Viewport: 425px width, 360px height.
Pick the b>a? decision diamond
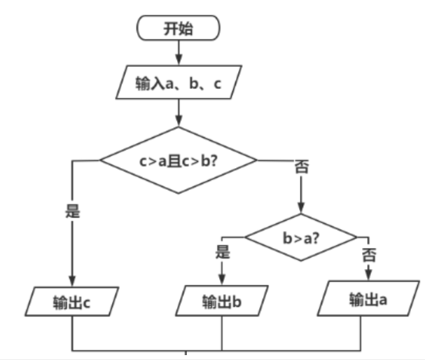(x=302, y=237)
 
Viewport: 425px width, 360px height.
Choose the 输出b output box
(x=222, y=303)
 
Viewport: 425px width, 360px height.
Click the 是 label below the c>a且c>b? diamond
(x=73, y=210)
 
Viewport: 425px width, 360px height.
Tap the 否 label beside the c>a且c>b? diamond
(x=302, y=167)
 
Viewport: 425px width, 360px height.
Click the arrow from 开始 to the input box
(x=179, y=51)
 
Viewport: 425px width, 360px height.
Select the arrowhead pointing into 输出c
(x=73, y=280)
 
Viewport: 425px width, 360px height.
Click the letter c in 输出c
(x=87, y=303)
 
